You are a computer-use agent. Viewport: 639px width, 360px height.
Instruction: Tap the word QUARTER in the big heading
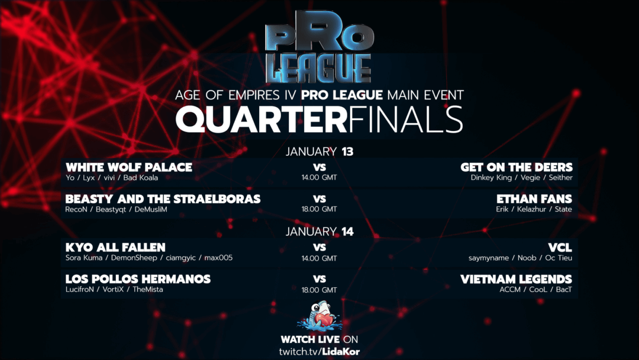(262, 120)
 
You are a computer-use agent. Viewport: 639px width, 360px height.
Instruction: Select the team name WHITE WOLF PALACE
(129, 167)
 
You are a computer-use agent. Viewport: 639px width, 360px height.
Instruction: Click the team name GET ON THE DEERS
(517, 167)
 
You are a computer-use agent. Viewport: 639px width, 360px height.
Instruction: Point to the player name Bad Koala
(141, 178)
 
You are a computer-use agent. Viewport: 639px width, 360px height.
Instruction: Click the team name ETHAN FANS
(534, 199)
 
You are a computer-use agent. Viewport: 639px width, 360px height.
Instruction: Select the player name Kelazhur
(531, 209)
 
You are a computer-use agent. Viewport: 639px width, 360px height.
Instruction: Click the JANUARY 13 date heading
(319, 152)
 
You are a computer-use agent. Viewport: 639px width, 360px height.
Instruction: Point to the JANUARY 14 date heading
(319, 232)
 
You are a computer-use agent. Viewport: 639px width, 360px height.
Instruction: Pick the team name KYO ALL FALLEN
(115, 247)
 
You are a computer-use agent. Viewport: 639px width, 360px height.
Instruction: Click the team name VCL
(560, 247)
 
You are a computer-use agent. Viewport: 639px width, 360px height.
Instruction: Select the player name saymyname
(489, 258)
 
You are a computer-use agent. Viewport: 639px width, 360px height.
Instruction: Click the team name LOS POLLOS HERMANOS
(138, 279)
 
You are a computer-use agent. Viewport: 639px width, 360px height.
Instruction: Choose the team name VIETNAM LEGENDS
(517, 279)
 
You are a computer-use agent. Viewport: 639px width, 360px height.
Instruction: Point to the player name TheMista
(148, 290)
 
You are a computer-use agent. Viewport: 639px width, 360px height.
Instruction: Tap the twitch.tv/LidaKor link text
(319, 352)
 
